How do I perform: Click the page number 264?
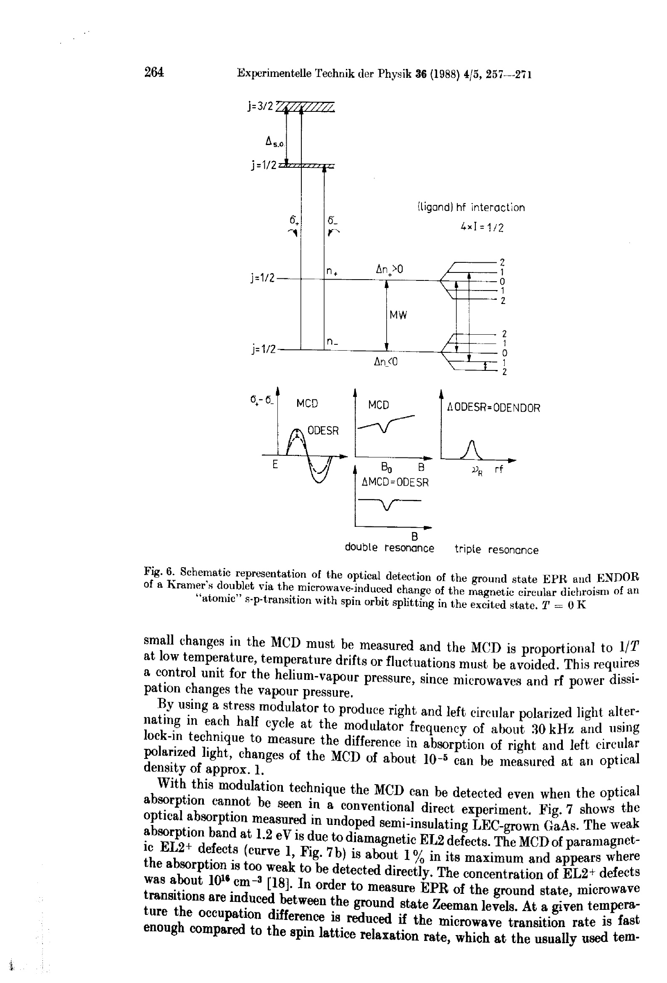pos(154,72)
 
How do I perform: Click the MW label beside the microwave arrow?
pos(398,315)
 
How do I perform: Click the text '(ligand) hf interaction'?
pos(471,207)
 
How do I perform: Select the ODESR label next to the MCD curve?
pos(323,431)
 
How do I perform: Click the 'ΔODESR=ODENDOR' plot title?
pos(493,408)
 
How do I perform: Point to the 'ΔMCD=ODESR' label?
pos(395,482)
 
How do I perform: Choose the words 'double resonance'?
pos(390,548)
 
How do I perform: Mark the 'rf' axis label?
pos(499,469)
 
